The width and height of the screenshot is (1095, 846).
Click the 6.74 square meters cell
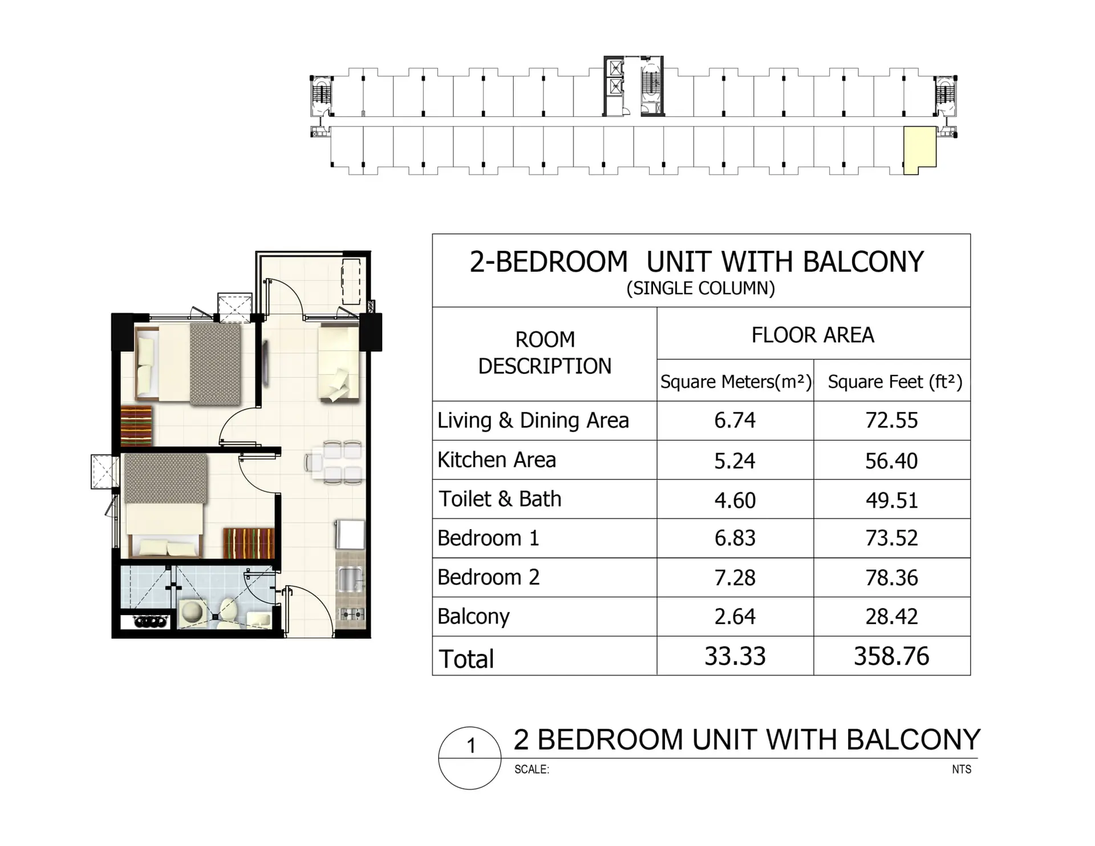[735, 421]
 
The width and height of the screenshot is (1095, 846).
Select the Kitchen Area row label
[496, 460]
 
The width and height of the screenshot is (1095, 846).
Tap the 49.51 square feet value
[891, 500]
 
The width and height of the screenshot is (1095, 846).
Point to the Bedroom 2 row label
[488, 577]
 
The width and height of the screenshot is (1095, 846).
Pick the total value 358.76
[891, 656]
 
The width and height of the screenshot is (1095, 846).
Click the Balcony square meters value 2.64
[735, 617]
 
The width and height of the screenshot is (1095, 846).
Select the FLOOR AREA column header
[813, 335]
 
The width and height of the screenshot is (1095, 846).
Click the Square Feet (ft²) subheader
[895, 381]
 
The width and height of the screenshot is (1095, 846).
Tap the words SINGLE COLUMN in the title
[701, 288]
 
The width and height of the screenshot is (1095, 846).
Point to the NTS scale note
[961, 770]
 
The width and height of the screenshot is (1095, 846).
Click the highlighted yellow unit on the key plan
[919, 148]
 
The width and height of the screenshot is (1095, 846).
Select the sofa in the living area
[339, 362]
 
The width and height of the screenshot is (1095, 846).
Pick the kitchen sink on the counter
[349, 579]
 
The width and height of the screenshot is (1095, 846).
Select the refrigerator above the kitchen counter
[349, 534]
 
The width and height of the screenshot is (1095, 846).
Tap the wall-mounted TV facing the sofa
[266, 362]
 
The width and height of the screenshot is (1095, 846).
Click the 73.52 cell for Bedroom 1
[891, 538]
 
